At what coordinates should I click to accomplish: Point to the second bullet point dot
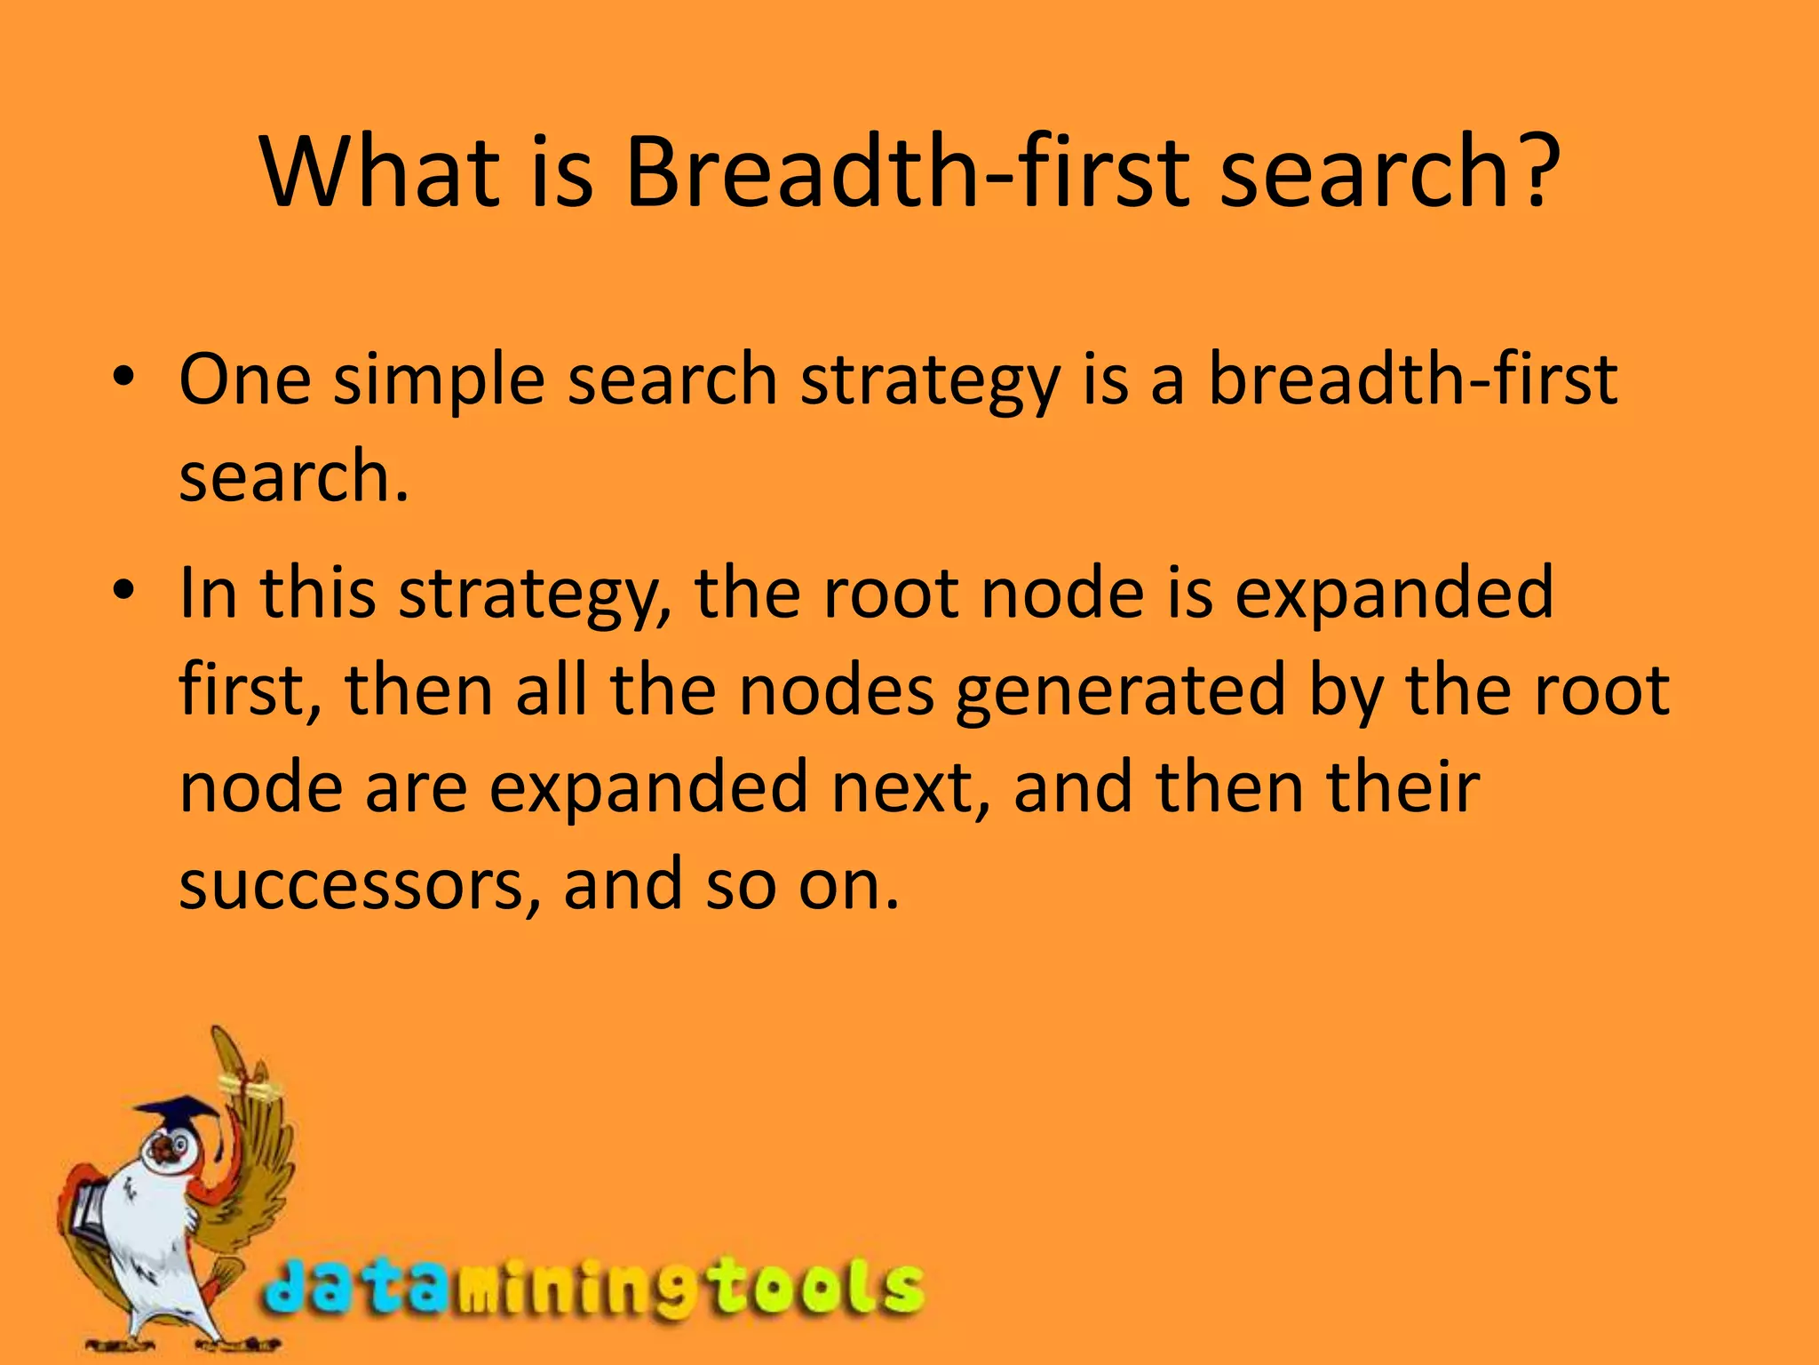coord(123,590)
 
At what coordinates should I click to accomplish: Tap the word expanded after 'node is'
coord(1394,594)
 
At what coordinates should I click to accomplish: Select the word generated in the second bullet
coord(1120,691)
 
